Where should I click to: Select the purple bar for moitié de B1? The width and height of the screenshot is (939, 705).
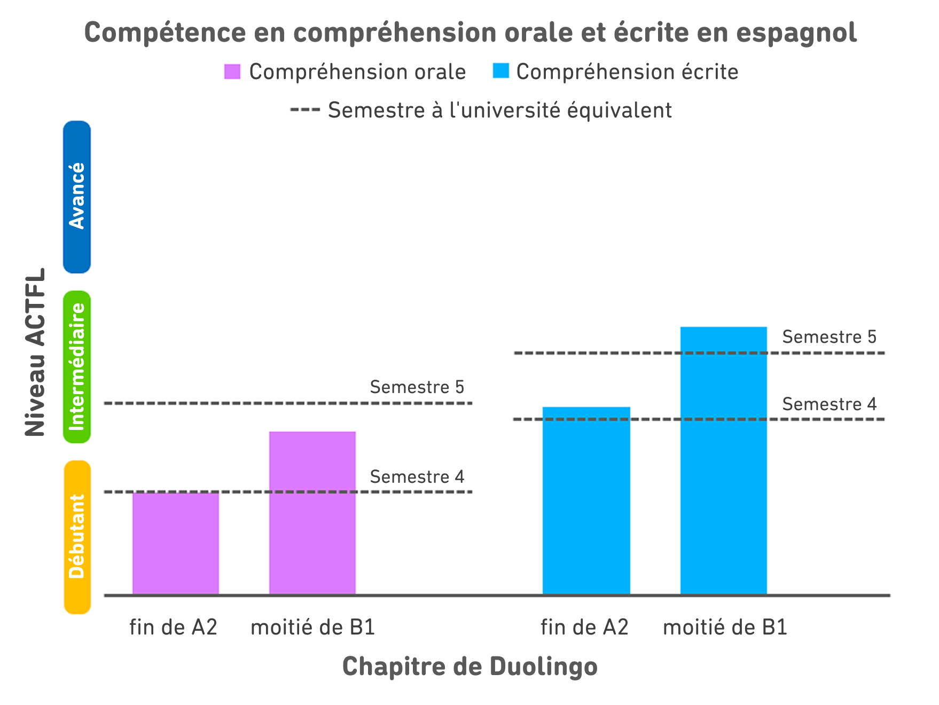click(312, 513)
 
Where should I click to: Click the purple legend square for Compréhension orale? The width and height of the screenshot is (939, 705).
click(232, 72)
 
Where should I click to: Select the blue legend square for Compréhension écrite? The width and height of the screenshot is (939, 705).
click(501, 71)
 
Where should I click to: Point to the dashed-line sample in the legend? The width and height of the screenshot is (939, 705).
click(305, 110)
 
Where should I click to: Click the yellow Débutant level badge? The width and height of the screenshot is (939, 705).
click(77, 537)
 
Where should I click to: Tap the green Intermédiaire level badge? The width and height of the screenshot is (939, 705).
click(77, 367)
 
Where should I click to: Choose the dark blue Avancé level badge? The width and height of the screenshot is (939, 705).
click(77, 197)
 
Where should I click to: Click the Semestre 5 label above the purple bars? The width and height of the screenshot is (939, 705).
click(417, 387)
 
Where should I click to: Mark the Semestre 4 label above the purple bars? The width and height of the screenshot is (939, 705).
click(417, 477)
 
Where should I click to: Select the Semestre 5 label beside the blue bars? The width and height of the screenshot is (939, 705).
click(830, 337)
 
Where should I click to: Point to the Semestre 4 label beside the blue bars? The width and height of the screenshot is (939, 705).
click(830, 404)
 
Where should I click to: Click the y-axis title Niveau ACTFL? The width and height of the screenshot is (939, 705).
click(36, 352)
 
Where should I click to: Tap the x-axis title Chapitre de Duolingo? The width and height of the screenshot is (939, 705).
click(469, 667)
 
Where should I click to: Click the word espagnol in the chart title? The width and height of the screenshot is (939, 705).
click(796, 32)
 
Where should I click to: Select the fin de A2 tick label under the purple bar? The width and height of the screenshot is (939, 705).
click(174, 627)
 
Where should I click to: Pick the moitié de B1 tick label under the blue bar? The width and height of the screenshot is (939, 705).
click(725, 627)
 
